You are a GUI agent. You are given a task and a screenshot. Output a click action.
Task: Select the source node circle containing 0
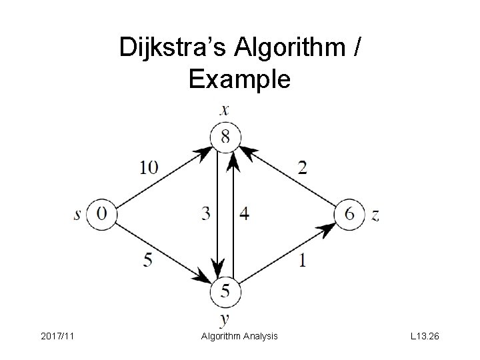tap(103, 214)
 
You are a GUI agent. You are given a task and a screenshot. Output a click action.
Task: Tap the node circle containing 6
tap(349, 214)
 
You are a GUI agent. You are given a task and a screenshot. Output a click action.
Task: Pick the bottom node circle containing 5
tap(225, 291)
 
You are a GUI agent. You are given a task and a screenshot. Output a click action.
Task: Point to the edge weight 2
tap(302, 167)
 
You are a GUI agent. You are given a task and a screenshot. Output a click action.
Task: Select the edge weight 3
tap(206, 214)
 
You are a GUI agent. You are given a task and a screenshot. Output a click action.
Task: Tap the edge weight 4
tap(244, 214)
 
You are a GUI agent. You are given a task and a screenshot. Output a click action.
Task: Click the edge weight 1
tap(303, 260)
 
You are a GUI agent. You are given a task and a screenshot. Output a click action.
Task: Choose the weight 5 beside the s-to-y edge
tap(147, 260)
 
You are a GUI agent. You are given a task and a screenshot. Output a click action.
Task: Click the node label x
tap(225, 110)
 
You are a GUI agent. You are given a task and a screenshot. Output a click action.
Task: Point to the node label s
tap(79, 214)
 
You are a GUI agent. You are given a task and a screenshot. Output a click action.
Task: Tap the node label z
tap(375, 215)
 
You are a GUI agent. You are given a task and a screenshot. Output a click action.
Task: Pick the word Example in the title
tap(239, 79)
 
